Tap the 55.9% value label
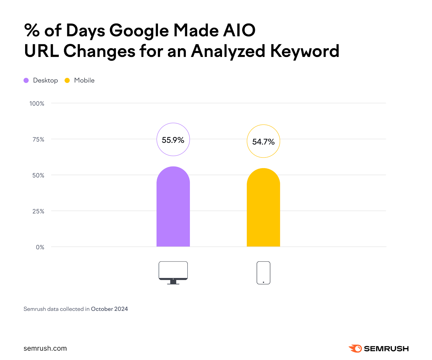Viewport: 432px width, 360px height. tap(173, 140)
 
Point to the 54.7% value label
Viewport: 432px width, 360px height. tap(263, 141)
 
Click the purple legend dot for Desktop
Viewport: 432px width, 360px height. tap(26, 80)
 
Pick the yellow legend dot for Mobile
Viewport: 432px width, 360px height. tap(67, 80)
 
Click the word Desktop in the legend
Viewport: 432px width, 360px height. tap(45, 80)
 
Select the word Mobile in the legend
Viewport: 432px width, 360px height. tap(84, 80)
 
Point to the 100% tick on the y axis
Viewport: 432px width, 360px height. tap(37, 104)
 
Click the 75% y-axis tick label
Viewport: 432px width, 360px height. tap(38, 140)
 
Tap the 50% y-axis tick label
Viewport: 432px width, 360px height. tap(38, 175)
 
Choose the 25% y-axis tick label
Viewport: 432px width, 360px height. tap(38, 211)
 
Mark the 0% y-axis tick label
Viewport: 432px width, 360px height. tap(40, 247)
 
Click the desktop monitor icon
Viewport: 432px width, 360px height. tap(173, 272)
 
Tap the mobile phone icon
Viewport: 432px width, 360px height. tap(263, 273)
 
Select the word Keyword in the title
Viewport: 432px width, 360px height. tap(305, 51)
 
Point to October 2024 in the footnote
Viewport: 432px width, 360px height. tap(109, 309)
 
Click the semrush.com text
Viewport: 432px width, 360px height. tap(45, 348)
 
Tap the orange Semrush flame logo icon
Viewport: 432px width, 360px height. tap(356, 348)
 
